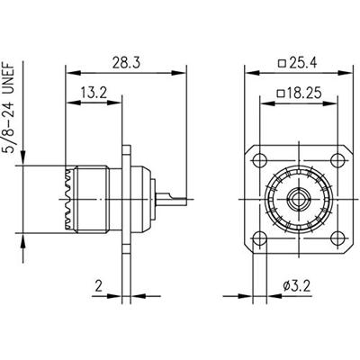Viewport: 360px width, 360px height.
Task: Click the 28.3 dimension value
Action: pyautogui.click(x=126, y=63)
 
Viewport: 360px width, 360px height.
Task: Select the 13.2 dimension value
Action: pyautogui.click(x=94, y=93)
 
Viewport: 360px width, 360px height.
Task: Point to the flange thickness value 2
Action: pyautogui.click(x=99, y=286)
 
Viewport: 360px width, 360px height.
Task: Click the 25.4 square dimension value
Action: pyautogui.click(x=302, y=63)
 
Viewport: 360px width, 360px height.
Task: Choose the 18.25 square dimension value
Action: pyautogui.click(x=303, y=94)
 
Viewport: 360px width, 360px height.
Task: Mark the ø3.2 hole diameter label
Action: pyautogui.click(x=297, y=286)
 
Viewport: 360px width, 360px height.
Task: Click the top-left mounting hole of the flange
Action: pyautogui.click(x=260, y=160)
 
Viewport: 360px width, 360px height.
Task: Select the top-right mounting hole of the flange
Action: pyautogui.click(x=337, y=160)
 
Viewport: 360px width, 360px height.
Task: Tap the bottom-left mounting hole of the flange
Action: pyautogui.click(x=260, y=238)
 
